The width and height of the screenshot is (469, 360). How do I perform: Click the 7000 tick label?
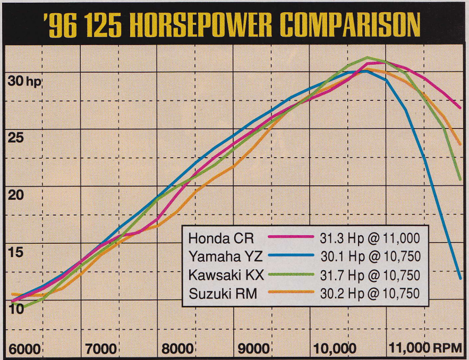(101, 349)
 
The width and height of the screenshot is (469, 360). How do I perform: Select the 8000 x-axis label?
(177, 349)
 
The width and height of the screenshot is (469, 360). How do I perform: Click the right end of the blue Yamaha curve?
(460, 278)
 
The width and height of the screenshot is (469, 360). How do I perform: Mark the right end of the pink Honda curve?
(461, 108)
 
